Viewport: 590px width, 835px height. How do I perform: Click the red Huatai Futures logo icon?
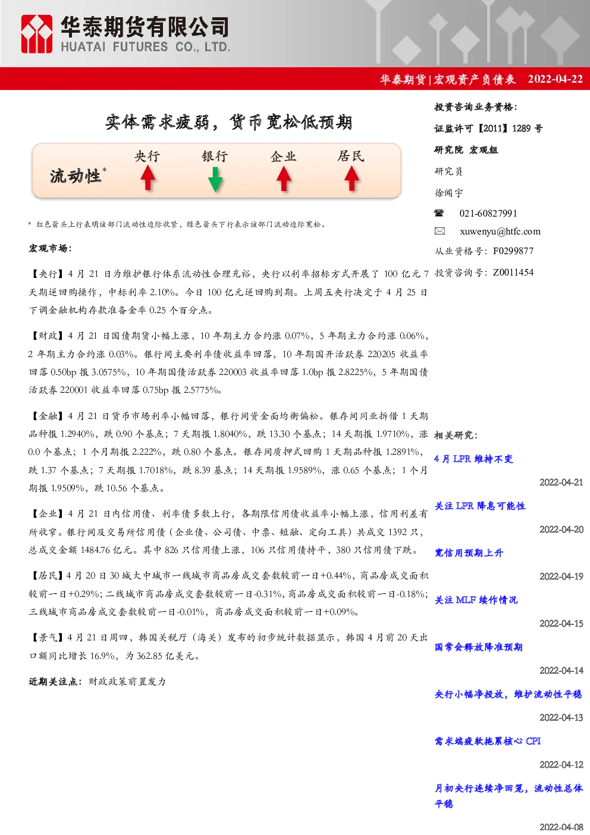coord(36,34)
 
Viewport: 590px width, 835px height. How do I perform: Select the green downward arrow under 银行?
coord(215,179)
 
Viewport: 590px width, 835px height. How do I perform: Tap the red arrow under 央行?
coord(148,178)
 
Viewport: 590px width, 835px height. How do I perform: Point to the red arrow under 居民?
coord(352,178)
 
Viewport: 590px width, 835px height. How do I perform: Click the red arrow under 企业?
coord(284,178)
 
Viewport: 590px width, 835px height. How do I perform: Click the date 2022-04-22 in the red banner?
coord(555,79)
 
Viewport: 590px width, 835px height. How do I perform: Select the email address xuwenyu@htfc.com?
coord(500,232)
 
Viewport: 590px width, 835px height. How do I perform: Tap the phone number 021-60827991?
coord(488,213)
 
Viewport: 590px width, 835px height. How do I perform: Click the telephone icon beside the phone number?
coord(439,213)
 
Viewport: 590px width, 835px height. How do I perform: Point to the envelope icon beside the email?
coord(440,231)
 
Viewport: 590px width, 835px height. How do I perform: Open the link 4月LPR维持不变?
coord(473,459)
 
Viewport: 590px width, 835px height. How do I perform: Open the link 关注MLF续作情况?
coord(476,600)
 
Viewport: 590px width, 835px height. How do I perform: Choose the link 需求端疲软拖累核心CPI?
coord(488,741)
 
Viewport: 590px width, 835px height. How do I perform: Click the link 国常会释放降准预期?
coord(479,647)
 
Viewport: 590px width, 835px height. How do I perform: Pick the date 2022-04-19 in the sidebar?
coord(561,576)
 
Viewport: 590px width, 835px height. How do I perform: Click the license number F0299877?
coord(513,251)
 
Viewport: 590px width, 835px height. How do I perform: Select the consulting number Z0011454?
coord(513,273)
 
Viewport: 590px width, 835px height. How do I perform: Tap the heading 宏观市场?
coord(50,248)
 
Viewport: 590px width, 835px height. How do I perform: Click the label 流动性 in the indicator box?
coord(76,176)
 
